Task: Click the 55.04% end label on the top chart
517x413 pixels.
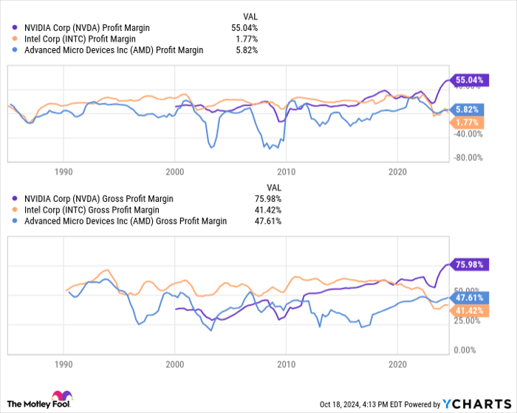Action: pyautogui.click(x=469, y=79)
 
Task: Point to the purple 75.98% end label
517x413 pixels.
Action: pyautogui.click(x=469, y=264)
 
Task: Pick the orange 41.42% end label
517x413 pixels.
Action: pyautogui.click(x=469, y=312)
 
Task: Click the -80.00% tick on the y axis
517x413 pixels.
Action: pyautogui.click(x=470, y=157)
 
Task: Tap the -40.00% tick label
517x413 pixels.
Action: pyautogui.click(x=470, y=134)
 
